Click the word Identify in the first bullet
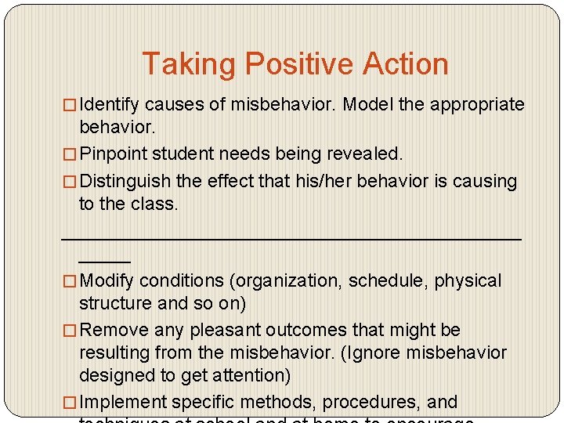[x=110, y=105]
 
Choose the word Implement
[x=124, y=403]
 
